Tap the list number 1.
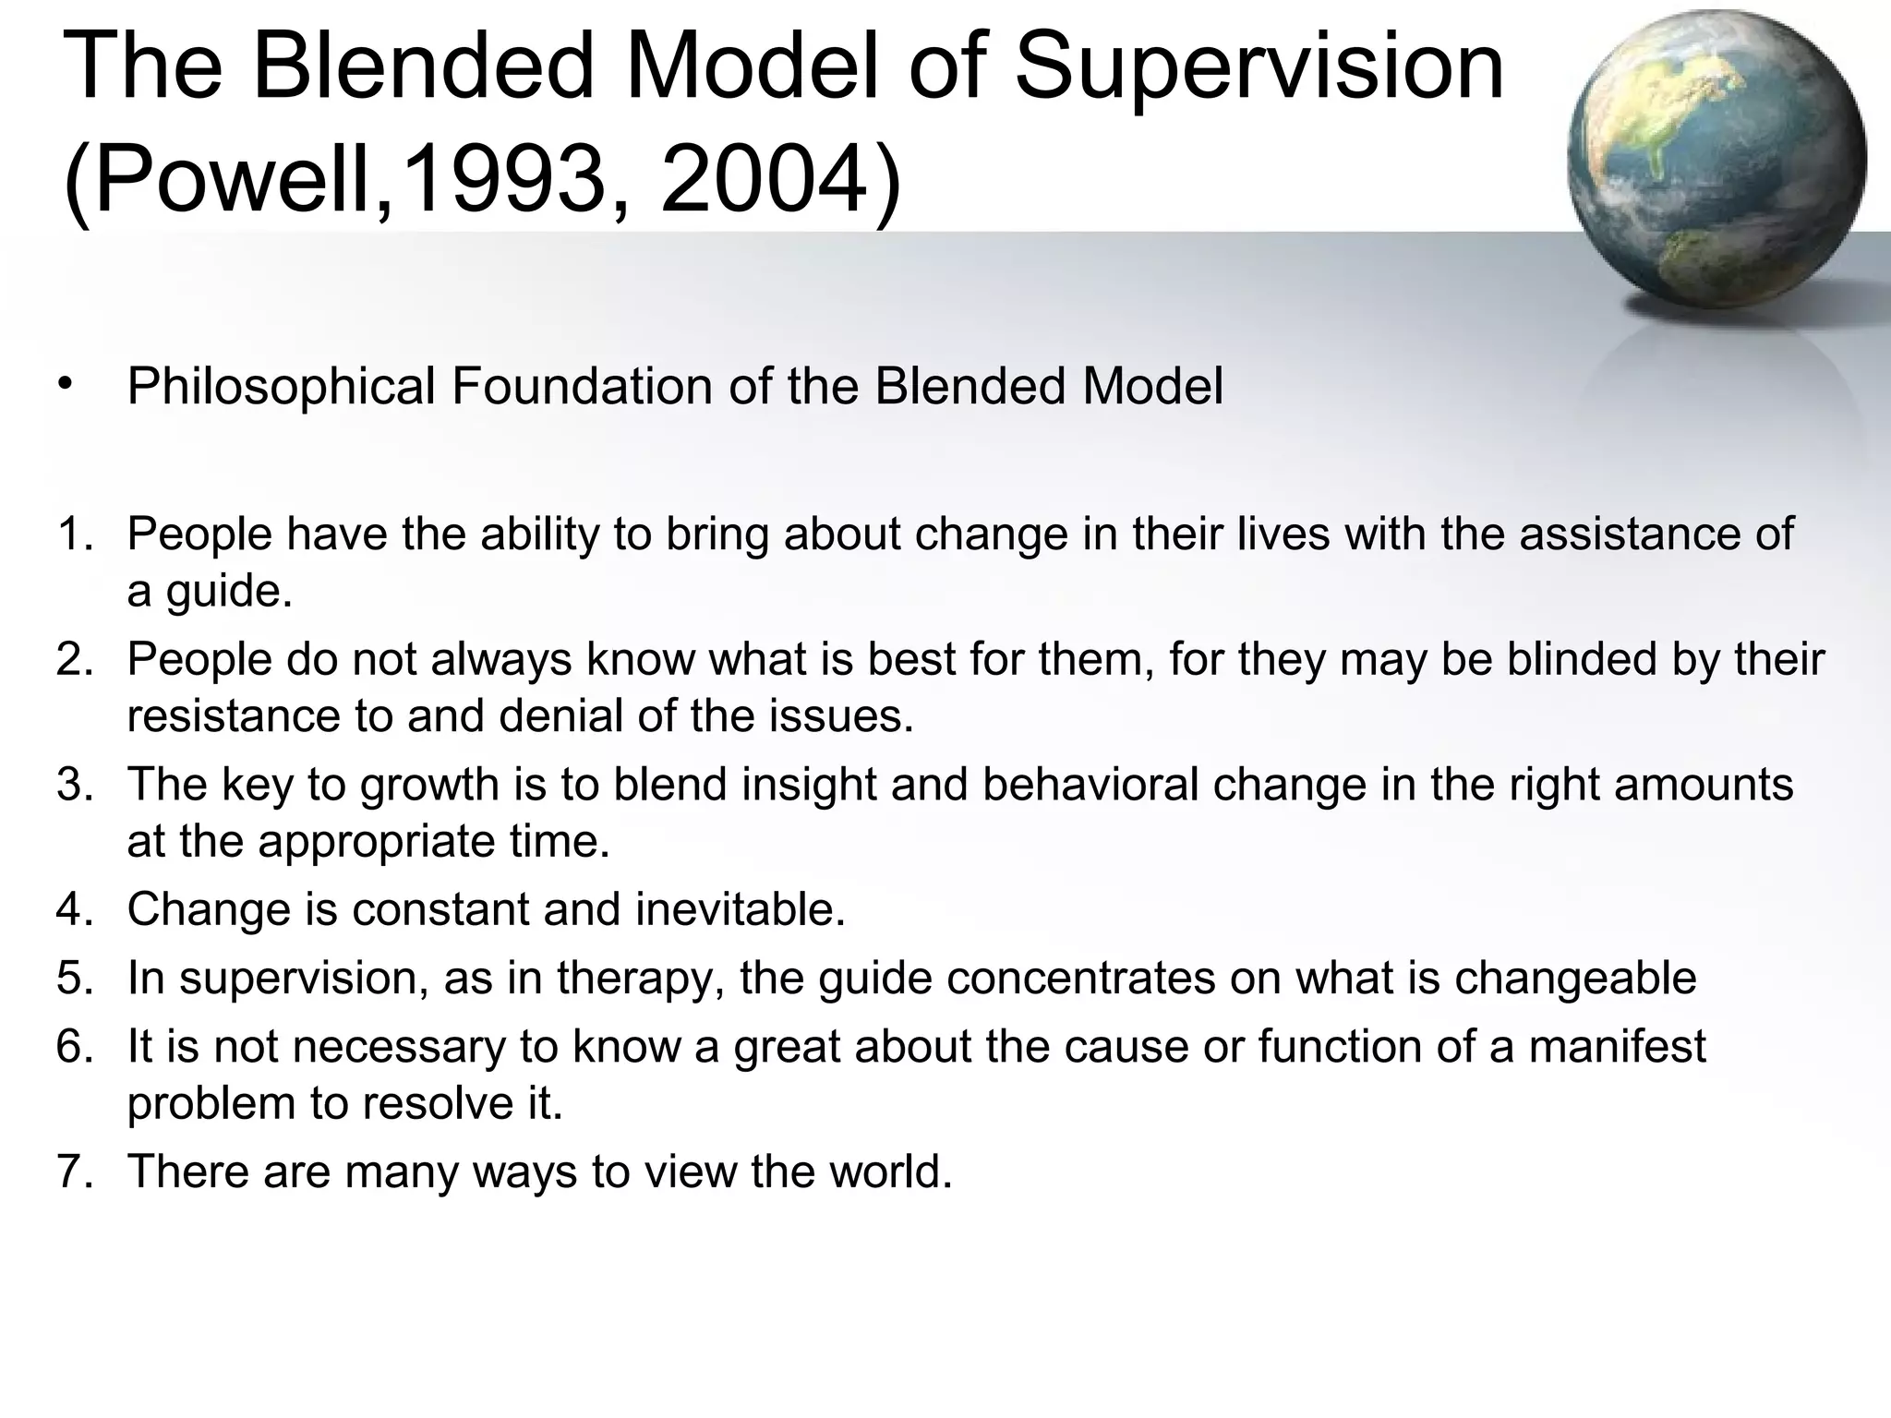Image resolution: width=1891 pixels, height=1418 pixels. coord(74,534)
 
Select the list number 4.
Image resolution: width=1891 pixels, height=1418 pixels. coord(74,909)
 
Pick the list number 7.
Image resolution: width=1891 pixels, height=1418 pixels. coord(74,1171)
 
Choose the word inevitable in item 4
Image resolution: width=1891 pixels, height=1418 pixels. coord(740,909)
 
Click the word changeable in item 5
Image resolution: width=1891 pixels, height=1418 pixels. coord(1575,979)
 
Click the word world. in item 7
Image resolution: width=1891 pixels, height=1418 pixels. coord(890,1171)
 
